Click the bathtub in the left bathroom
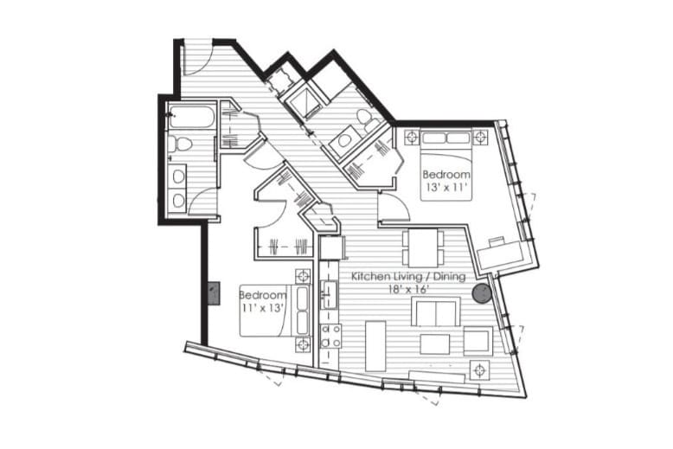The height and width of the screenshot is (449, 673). (191, 117)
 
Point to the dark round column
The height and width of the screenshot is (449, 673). (482, 293)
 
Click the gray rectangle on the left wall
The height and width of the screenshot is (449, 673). (214, 293)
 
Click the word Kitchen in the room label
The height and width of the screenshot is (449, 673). (369, 277)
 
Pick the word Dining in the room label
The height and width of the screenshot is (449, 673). (448, 277)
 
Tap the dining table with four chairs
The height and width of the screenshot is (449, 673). (423, 248)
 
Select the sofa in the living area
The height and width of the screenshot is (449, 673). (435, 312)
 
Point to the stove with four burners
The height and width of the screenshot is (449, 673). (330, 335)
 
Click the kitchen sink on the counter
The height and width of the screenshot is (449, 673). (330, 294)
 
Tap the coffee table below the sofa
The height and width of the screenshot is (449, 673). (434, 343)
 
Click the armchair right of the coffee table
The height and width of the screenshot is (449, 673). (477, 341)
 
